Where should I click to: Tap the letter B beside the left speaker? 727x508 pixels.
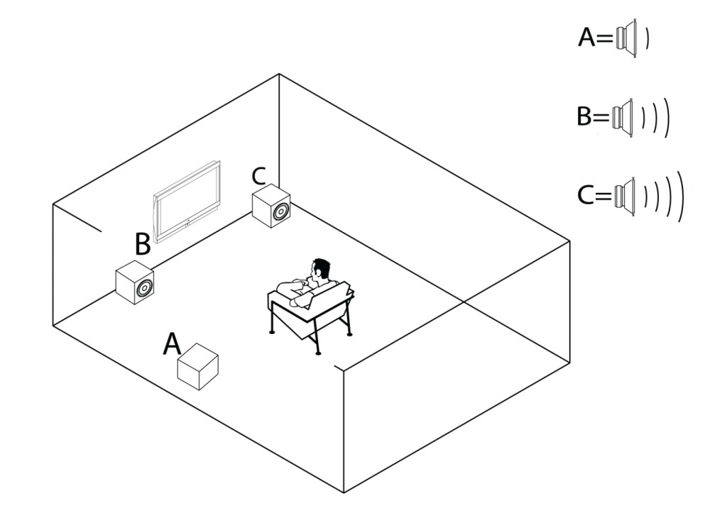pos(142,245)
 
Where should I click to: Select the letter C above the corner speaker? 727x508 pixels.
pos(259,175)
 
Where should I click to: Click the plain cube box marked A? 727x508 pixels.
pos(197,366)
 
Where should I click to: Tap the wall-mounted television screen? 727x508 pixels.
pos(187,202)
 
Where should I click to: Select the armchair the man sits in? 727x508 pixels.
pos(312,312)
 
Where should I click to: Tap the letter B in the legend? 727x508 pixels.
pos(584,116)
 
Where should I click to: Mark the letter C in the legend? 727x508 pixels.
pos(586,195)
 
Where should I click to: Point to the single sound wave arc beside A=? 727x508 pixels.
pos(647,38)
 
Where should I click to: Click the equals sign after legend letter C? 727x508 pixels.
pos(605,196)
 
